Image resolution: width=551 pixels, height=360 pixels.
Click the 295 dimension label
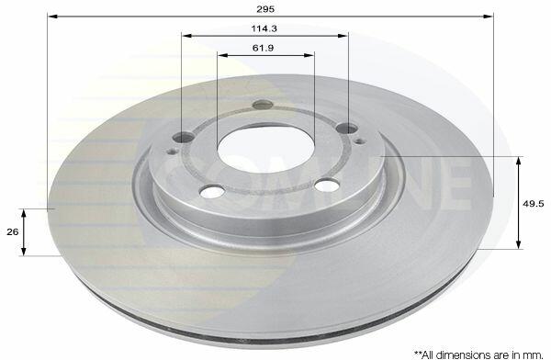pos(265,9)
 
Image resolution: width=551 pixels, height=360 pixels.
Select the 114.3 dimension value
pos(264,28)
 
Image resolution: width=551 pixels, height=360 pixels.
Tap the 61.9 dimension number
pos(263,48)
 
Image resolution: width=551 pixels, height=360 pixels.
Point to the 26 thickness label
pos(13,232)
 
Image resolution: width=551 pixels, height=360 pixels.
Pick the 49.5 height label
pos(534,203)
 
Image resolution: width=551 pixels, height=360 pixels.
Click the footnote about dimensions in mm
pos(479,354)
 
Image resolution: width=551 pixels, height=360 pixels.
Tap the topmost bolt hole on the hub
pos(263,104)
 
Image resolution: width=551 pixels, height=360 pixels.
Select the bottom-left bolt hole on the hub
pos(211,191)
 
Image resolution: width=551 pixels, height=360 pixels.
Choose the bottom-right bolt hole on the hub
pos(327,185)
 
